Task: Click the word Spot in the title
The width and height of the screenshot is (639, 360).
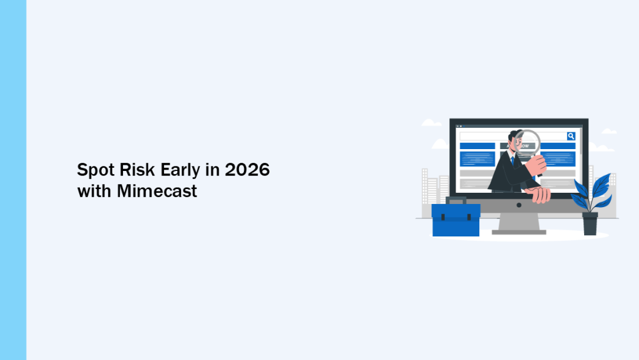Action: click(95, 170)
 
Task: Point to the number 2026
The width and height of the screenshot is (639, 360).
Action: click(247, 170)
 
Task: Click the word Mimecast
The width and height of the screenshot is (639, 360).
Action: click(157, 191)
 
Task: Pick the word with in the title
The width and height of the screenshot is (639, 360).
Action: click(94, 191)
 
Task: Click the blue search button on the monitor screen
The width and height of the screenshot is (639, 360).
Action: click(571, 136)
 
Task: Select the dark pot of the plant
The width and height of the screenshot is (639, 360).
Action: click(590, 223)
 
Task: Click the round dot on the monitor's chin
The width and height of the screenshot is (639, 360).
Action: click(519, 205)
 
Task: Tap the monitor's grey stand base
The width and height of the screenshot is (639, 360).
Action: click(519, 232)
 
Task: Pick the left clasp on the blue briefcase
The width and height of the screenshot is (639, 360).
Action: click(443, 217)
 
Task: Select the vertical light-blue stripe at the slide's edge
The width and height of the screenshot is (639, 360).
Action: click(13, 180)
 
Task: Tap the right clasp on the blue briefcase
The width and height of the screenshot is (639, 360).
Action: click(469, 217)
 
